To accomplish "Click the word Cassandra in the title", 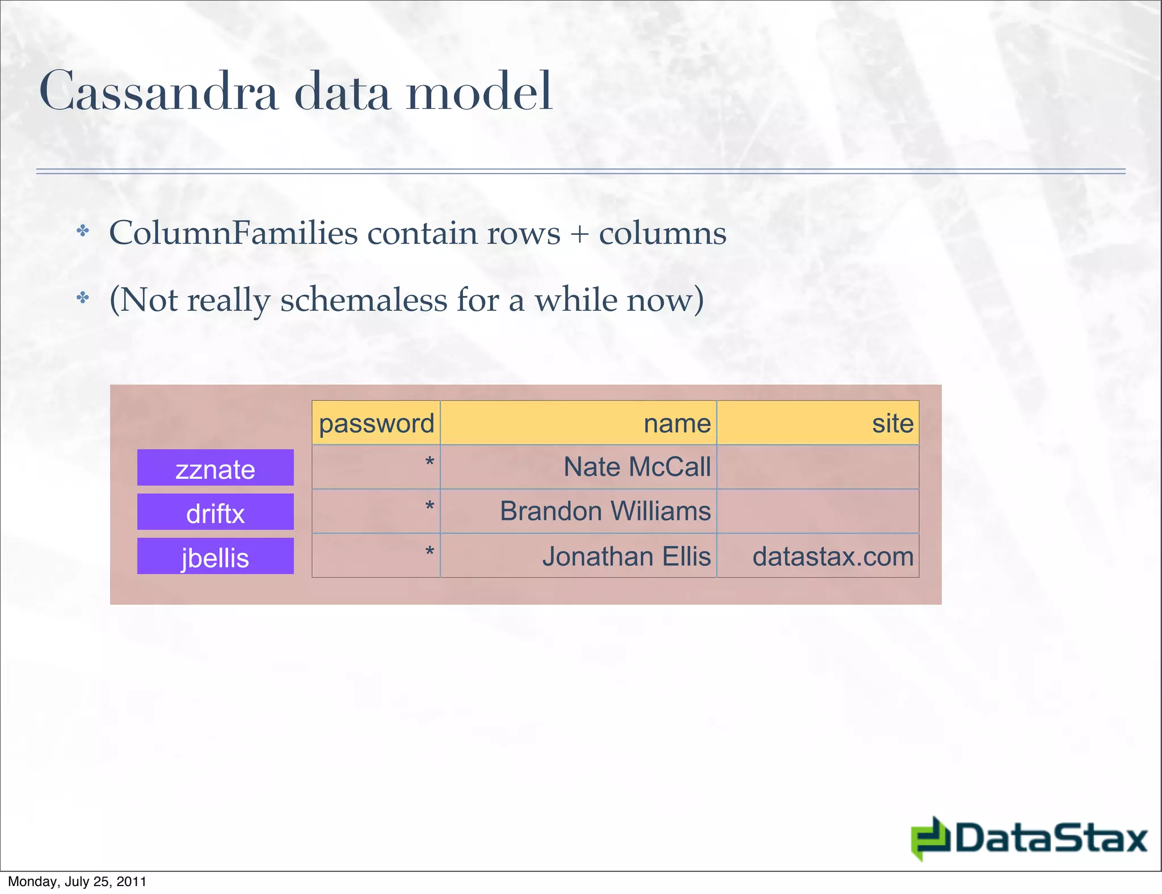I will coord(159,92).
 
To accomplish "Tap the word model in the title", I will coord(479,92).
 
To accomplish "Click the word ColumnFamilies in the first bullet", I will coord(233,233).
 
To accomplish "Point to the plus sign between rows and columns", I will coord(579,234).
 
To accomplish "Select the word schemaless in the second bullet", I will coord(363,300).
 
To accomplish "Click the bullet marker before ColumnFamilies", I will coord(83,231).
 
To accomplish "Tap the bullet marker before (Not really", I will coord(83,297).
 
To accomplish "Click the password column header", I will coord(376,423).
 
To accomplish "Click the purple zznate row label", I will coord(216,469).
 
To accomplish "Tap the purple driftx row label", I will coord(216,513).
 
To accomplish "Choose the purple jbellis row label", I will coord(216,557).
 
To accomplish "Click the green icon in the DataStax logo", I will coord(931,838).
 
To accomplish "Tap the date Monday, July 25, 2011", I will coord(77,882).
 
